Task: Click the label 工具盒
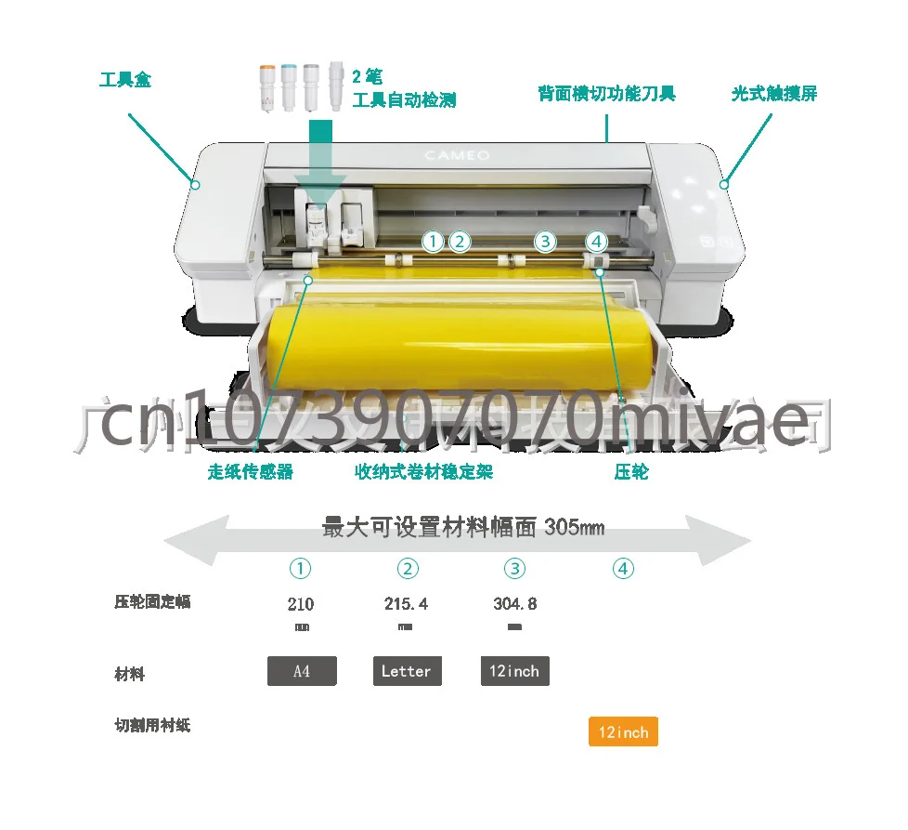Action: point(124,80)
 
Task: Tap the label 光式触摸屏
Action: point(773,94)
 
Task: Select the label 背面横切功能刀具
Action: point(606,94)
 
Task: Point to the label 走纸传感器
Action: point(250,472)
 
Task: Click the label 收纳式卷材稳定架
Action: point(423,472)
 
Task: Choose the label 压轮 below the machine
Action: point(631,472)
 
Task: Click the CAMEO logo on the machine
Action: point(457,155)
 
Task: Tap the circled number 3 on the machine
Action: point(545,242)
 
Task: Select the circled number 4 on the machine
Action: point(596,242)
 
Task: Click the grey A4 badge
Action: point(302,671)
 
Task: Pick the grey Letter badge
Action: point(406,671)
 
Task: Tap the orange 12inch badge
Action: point(623,732)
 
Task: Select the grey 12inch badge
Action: point(514,671)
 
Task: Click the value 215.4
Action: point(406,604)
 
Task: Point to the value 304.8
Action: point(514,604)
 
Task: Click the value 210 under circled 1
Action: point(301,604)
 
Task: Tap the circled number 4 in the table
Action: point(623,569)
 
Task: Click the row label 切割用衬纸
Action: point(152,725)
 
